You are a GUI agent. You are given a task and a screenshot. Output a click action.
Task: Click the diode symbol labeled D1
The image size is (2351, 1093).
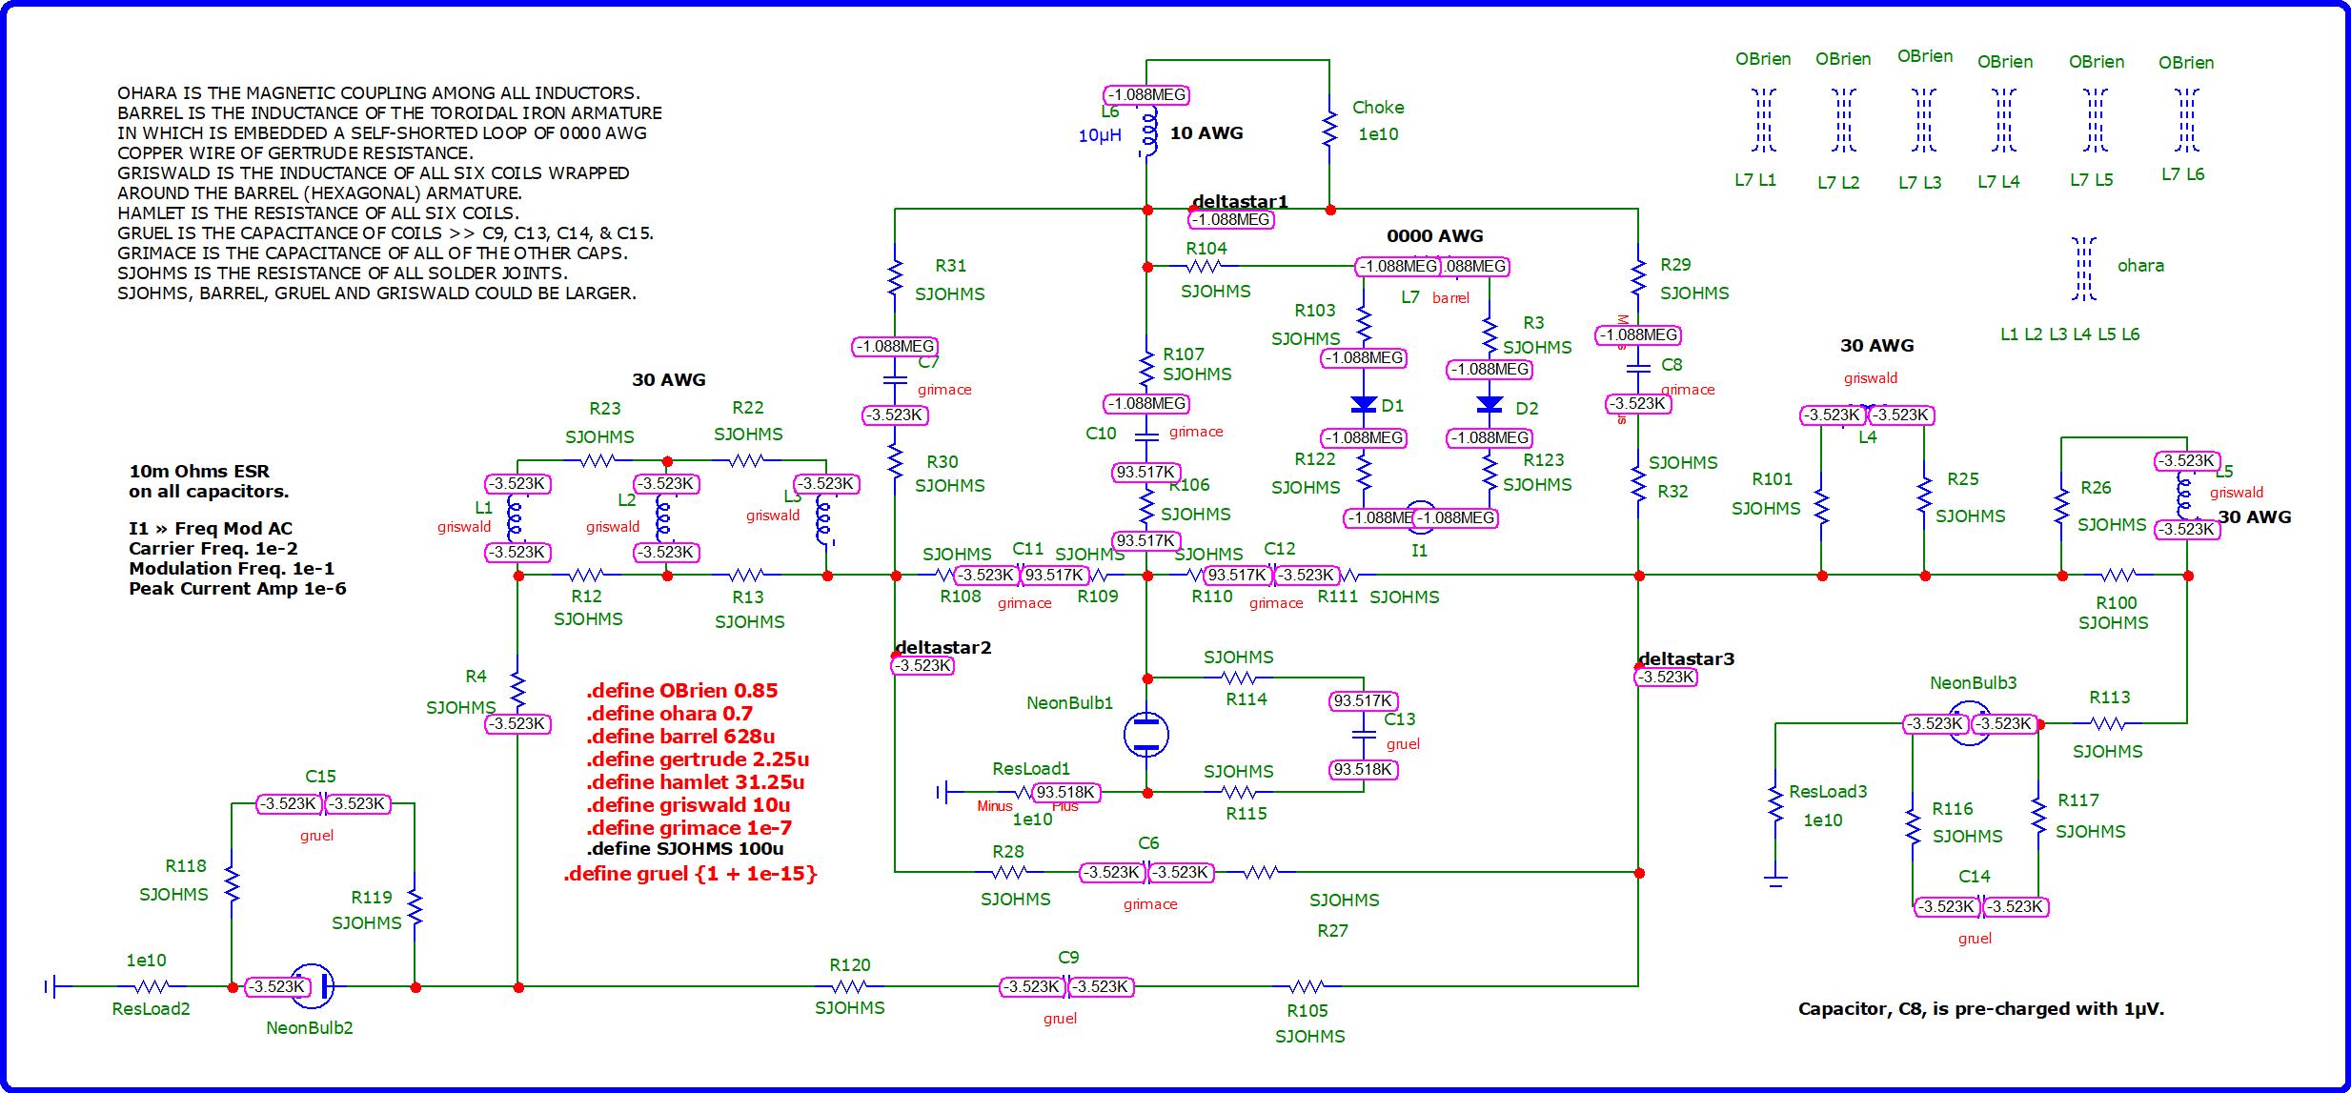click(x=1364, y=405)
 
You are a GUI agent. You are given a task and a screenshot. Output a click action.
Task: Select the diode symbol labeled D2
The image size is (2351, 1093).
click(x=1490, y=405)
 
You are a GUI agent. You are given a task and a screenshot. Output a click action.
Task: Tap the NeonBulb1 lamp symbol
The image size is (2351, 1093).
click(x=1146, y=734)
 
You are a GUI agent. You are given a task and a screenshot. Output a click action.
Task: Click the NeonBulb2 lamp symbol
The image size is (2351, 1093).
click(x=313, y=986)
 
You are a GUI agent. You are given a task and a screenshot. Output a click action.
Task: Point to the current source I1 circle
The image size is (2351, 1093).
click(x=1420, y=517)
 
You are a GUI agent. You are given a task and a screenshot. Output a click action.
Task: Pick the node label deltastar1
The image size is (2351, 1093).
click(x=1240, y=201)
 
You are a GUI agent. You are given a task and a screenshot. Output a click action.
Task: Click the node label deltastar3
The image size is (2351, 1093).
click(x=1686, y=658)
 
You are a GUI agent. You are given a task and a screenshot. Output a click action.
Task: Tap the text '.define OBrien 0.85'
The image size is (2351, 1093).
click(x=681, y=690)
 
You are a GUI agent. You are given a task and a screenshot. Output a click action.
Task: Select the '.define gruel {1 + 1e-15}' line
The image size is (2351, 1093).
click(x=690, y=873)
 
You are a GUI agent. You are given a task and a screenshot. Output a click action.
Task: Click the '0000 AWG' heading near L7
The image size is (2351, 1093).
click(x=1434, y=235)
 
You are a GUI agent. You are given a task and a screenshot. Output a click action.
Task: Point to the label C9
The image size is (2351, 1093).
click(x=1068, y=957)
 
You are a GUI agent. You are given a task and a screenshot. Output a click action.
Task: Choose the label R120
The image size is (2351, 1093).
click(x=850, y=964)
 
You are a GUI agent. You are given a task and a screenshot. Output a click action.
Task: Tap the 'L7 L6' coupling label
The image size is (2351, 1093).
click(x=2182, y=174)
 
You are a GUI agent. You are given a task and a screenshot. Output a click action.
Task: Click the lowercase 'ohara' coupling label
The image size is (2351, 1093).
click(x=2140, y=266)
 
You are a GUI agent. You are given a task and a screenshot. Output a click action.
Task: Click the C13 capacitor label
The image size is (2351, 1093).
click(x=1400, y=719)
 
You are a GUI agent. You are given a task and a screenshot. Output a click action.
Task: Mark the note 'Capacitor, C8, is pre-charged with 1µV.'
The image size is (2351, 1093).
click(x=1980, y=1008)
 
